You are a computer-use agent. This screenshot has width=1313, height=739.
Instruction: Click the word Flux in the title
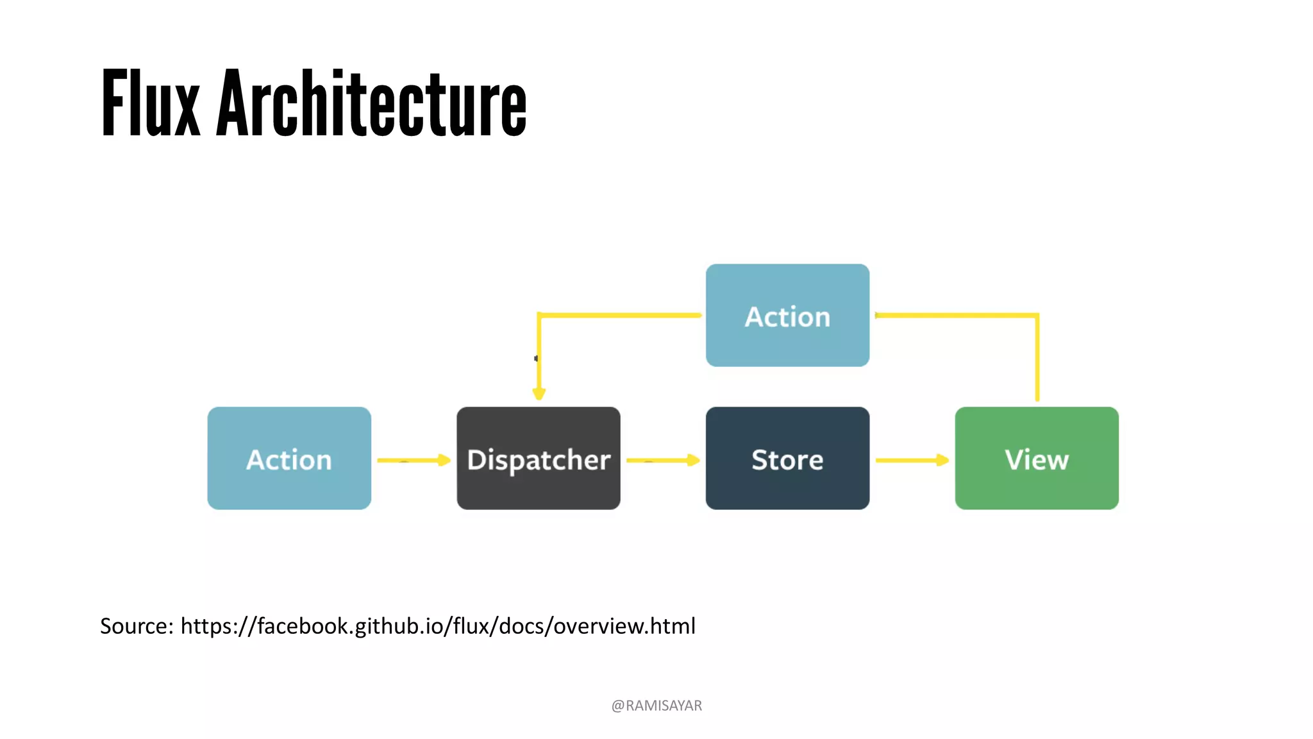pyautogui.click(x=151, y=104)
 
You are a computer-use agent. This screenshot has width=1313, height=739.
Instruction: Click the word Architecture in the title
pyautogui.click(x=371, y=104)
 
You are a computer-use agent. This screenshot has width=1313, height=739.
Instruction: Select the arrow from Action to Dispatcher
pyautogui.click(x=413, y=460)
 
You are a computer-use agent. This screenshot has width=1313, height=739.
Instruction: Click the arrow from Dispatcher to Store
pyautogui.click(x=662, y=460)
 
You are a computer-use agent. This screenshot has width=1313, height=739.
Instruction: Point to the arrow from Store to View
pyautogui.click(x=911, y=460)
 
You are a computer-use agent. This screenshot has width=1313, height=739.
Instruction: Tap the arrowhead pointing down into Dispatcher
pyautogui.click(x=539, y=393)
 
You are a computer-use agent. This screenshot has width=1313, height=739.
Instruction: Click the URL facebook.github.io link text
pyautogui.click(x=438, y=626)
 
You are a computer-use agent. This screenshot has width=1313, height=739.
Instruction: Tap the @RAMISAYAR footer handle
pyautogui.click(x=656, y=706)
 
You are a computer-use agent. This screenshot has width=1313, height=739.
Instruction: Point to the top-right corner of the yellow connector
pyautogui.click(x=1037, y=315)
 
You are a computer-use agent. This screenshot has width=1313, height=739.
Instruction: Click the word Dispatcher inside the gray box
pyautogui.click(x=539, y=460)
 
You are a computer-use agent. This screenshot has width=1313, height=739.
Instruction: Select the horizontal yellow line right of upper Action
pyautogui.click(x=955, y=315)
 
